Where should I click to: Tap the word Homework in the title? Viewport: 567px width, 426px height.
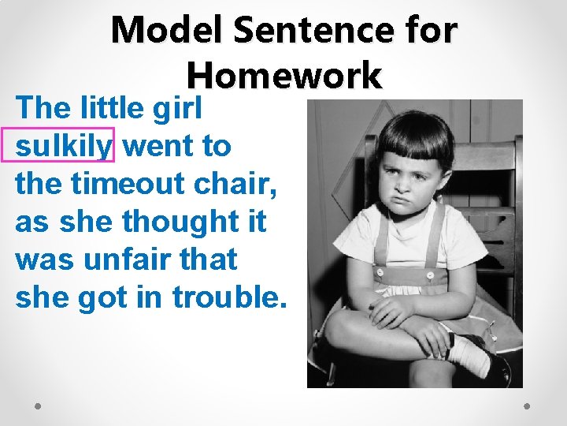pyautogui.click(x=284, y=77)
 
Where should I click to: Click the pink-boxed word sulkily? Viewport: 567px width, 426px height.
pyautogui.click(x=64, y=145)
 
